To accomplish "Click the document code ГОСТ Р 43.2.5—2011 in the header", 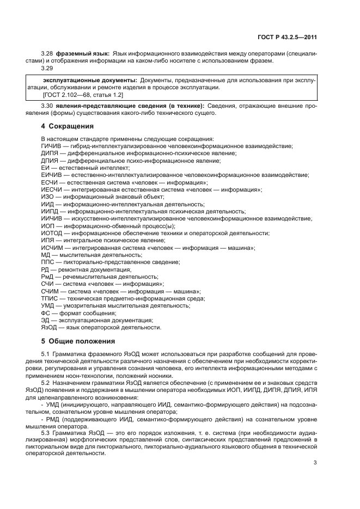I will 287,38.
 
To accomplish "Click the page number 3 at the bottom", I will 315,463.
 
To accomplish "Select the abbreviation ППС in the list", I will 48,262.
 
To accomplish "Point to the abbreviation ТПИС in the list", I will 50,298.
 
